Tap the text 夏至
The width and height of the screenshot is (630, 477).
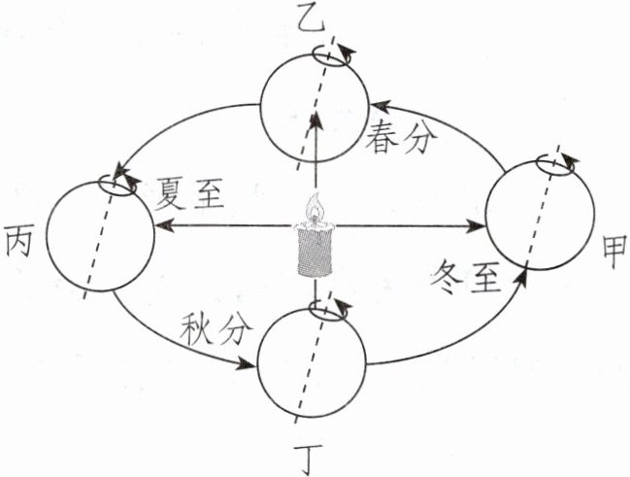[x=190, y=195]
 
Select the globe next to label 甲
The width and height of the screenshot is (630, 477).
[x=537, y=222]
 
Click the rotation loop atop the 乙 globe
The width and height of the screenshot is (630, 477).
[x=331, y=56]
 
